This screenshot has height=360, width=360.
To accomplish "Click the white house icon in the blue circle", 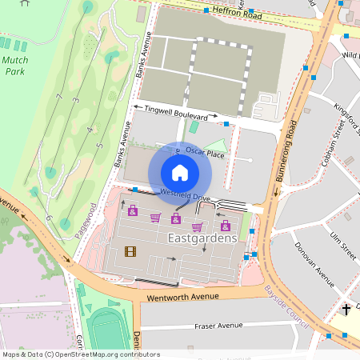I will point(180,173).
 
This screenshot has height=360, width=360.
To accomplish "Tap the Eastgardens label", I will point(202,238).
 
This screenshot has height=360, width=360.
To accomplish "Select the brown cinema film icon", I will point(130,252).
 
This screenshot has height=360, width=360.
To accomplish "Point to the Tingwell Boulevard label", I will point(180,112).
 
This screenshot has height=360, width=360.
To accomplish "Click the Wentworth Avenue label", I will point(181,297).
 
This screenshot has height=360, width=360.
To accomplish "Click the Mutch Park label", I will point(15,65).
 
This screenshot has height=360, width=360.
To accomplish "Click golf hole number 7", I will point(59,96).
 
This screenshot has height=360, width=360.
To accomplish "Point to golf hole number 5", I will point(99,145).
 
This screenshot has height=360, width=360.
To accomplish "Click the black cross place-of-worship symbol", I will point(346,309).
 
